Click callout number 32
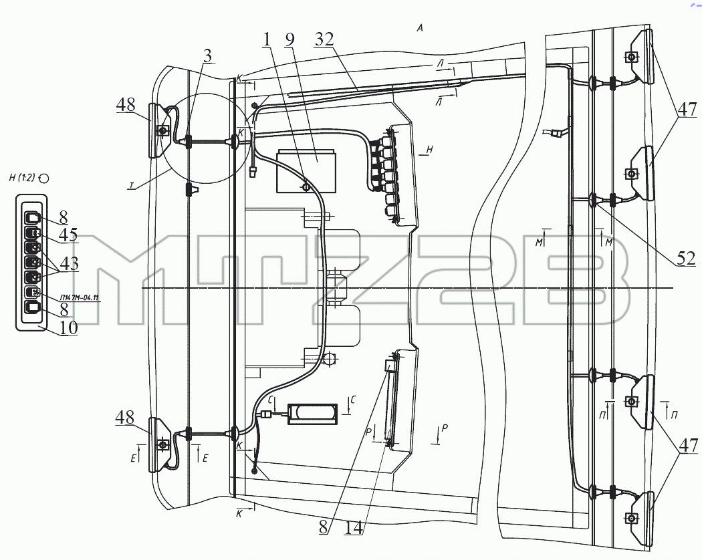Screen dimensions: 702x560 [324, 40]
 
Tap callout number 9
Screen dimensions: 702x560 [289, 39]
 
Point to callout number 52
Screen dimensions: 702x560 [686, 259]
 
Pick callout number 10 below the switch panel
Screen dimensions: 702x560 [68, 328]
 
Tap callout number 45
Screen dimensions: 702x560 [68, 235]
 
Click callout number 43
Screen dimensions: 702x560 [69, 263]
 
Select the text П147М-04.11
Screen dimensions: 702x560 [80, 297]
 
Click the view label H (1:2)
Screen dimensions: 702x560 [22, 178]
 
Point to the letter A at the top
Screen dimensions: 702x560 [420, 28]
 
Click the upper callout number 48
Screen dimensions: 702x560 [126, 105]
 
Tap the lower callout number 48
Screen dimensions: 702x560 [125, 418]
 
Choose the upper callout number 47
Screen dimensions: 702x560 [687, 109]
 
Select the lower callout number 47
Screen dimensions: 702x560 [688, 446]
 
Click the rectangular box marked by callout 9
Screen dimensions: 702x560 [306, 172]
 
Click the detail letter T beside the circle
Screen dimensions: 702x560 [132, 188]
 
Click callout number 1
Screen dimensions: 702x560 [267, 40]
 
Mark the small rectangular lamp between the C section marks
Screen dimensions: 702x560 [312, 414]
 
